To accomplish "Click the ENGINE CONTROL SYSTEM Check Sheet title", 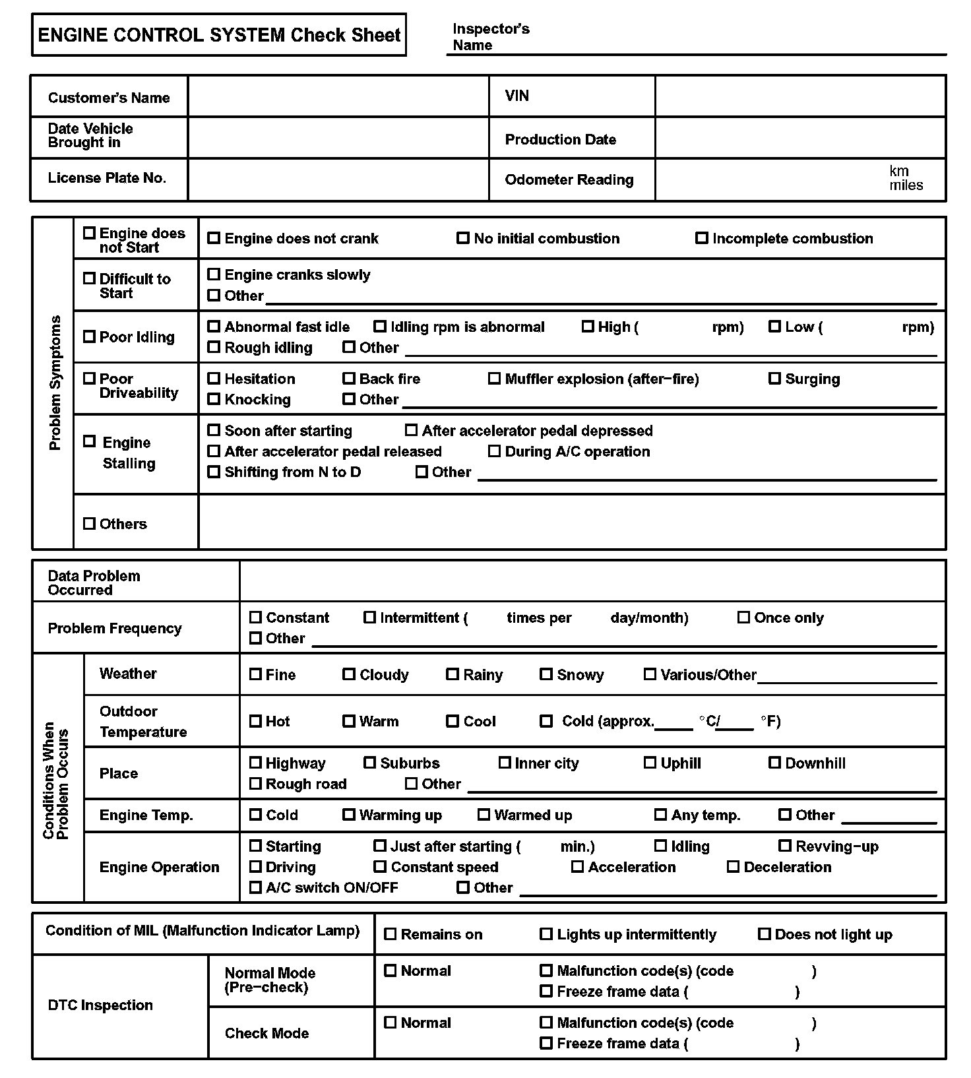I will tap(219, 35).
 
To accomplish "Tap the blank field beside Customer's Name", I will tap(338, 97).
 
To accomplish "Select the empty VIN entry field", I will tap(799, 96).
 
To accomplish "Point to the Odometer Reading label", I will tap(569, 179).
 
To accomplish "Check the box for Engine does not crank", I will tap(214, 238).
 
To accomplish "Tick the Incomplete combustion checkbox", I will tap(702, 238).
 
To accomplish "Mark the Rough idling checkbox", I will tap(214, 347).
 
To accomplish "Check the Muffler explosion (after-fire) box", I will tap(494, 379).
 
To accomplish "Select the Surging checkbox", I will tap(775, 379).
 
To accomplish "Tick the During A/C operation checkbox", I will tap(494, 451).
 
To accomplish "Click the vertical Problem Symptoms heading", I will tap(55, 383).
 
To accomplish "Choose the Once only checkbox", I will tap(743, 618).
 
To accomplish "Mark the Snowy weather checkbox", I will tap(546, 674).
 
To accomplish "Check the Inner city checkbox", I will tap(505, 763).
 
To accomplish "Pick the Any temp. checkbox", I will tap(660, 815).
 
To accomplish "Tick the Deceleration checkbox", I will tap(733, 867).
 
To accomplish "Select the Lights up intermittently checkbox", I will tap(546, 934).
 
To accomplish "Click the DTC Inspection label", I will tap(100, 1005).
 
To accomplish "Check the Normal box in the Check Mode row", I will tap(391, 1023).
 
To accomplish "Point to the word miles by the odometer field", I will tap(906, 185).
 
